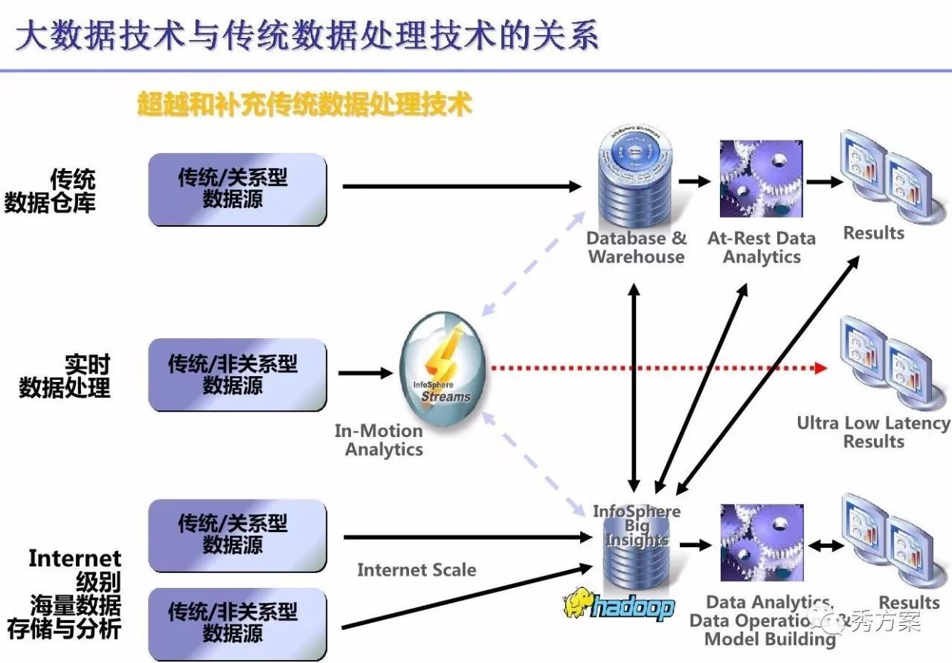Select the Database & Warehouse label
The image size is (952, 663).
(x=636, y=248)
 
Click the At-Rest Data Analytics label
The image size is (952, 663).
(x=762, y=248)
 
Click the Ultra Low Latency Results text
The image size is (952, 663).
(x=873, y=432)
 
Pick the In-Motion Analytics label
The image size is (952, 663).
(x=379, y=440)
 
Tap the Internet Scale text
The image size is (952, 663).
(x=416, y=570)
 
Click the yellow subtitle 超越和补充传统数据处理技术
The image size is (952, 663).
(x=305, y=104)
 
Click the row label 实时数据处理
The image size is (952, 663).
(x=65, y=376)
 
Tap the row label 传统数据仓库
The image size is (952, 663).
(x=52, y=190)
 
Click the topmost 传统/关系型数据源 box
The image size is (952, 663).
(x=237, y=189)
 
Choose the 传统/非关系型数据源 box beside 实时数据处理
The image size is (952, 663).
(x=237, y=375)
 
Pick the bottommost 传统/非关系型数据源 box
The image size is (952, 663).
(x=237, y=623)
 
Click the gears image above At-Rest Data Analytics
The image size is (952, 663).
(x=761, y=179)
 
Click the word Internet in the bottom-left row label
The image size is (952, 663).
(x=74, y=558)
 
